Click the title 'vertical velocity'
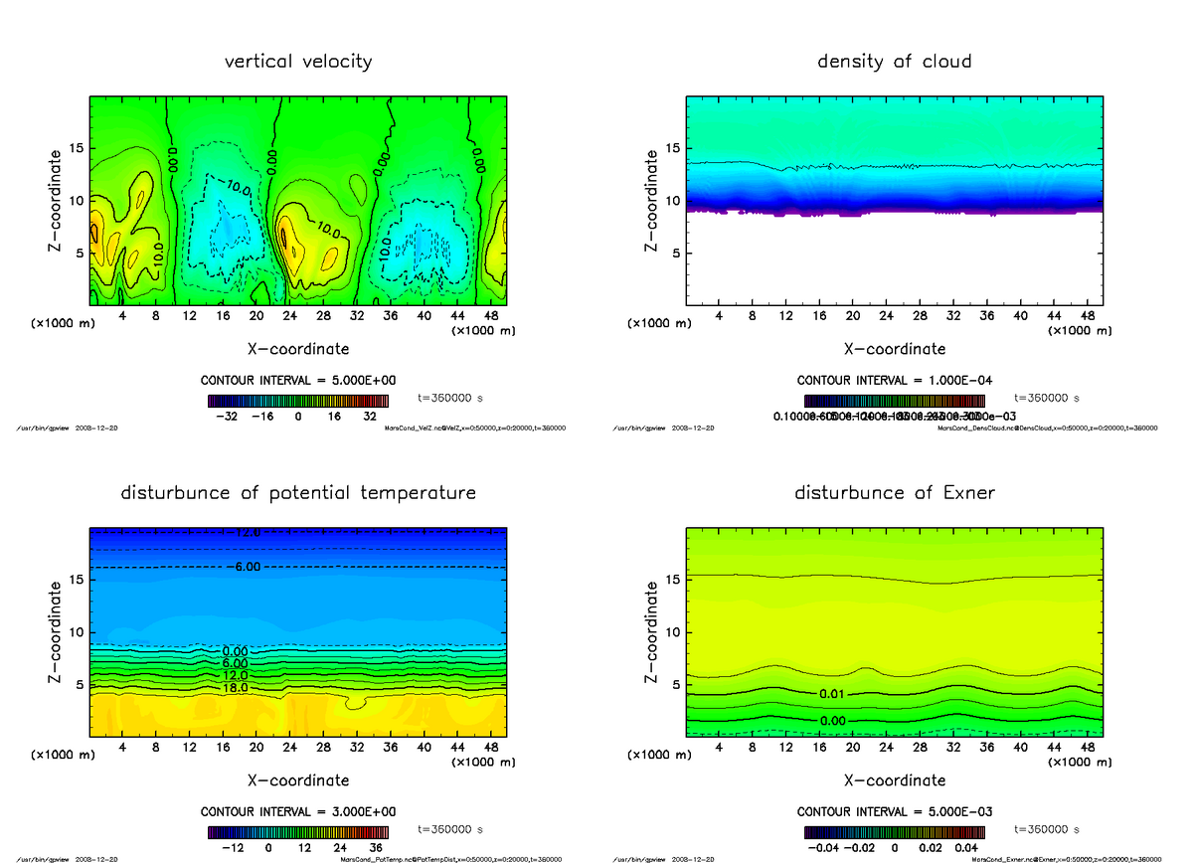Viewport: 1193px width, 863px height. [298, 62]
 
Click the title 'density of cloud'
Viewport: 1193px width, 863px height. [894, 62]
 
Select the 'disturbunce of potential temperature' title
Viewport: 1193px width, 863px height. [298, 493]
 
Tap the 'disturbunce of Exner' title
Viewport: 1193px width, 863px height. [894, 493]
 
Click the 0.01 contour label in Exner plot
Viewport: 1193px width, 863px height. [832, 694]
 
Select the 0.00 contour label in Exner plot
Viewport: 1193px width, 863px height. [832, 720]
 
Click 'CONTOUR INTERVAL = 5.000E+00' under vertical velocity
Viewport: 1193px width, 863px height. [298, 381]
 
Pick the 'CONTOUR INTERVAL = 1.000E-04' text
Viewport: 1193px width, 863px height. [894, 381]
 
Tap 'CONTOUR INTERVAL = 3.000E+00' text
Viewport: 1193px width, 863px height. [298, 811]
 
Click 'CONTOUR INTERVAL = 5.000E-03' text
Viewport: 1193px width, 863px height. [894, 811]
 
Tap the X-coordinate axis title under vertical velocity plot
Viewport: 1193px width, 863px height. [298, 349]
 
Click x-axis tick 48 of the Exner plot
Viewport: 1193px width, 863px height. [1087, 747]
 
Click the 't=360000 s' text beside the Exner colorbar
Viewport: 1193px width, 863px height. [1046, 828]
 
